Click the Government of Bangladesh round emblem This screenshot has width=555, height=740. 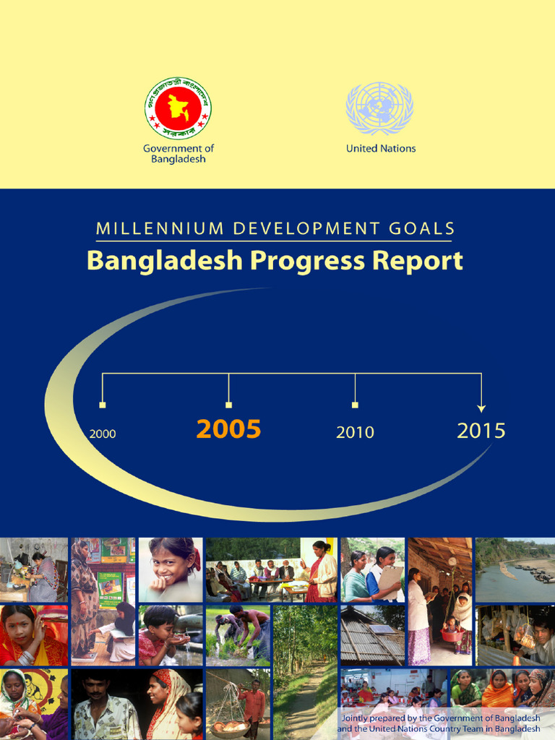pyautogui.click(x=178, y=108)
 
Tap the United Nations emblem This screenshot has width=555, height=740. pyautogui.click(x=379, y=108)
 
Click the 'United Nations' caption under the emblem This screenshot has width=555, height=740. pyautogui.click(x=381, y=148)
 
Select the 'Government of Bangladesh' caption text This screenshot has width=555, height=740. pyautogui.click(x=178, y=153)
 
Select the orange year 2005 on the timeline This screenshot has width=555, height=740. pyautogui.click(x=228, y=429)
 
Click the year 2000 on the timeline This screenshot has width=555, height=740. pyautogui.click(x=103, y=434)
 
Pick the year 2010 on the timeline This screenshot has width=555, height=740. pyautogui.click(x=355, y=432)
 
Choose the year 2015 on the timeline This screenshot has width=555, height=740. pyautogui.click(x=481, y=431)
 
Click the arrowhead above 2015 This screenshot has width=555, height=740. pyautogui.click(x=481, y=408)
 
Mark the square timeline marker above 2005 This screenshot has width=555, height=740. pyautogui.click(x=228, y=405)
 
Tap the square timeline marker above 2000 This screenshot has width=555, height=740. pyautogui.click(x=103, y=405)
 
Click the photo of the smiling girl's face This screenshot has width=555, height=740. pyautogui.click(x=171, y=569)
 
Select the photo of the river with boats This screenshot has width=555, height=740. pyautogui.click(x=515, y=569)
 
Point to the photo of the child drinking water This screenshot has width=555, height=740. pyautogui.click(x=171, y=636)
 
